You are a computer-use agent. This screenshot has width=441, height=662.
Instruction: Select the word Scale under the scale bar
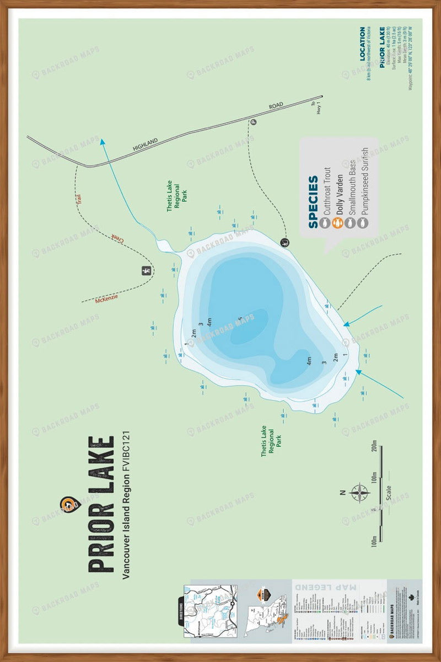[x=389, y=491]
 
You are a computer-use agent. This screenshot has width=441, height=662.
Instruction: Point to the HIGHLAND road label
[x=146, y=144]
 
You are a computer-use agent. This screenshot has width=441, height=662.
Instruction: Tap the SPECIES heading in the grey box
[x=313, y=202]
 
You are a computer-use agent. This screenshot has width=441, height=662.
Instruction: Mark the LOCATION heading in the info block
[x=362, y=44]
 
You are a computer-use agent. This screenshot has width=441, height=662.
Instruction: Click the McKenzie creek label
[x=106, y=298]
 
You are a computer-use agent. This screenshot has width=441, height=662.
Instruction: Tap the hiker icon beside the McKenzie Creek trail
[x=146, y=270]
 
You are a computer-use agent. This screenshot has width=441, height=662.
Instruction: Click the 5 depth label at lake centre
[x=240, y=318]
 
